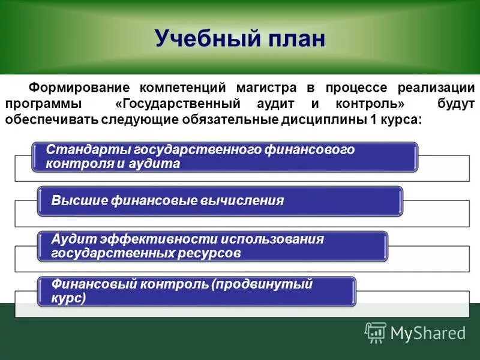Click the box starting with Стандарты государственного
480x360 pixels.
click(x=224, y=157)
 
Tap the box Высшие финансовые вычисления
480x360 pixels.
click(x=220, y=201)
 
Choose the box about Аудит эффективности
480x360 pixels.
click(x=213, y=246)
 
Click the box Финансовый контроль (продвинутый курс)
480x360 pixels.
click(x=197, y=290)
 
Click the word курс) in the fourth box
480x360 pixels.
click(x=68, y=298)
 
